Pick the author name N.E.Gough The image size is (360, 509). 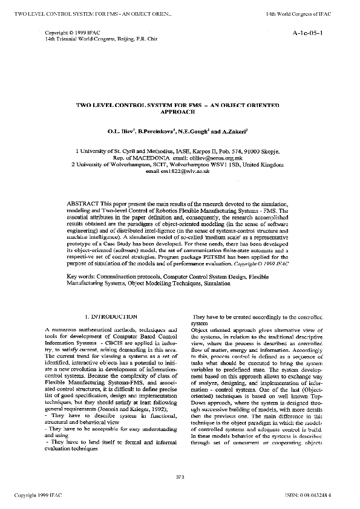[195, 130]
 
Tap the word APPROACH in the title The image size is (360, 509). [179, 112]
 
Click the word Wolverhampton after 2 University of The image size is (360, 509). [140, 164]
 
